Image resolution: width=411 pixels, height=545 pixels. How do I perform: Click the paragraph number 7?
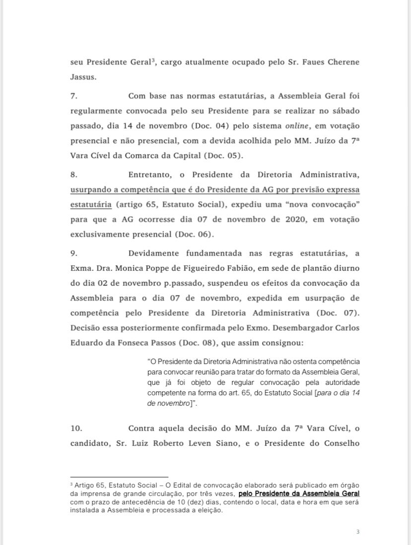click(x=74, y=96)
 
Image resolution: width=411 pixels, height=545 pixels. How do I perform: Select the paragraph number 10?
click(x=76, y=428)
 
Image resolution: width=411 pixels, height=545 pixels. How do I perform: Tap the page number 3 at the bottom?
click(x=358, y=532)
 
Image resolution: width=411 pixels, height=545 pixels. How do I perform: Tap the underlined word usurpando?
click(x=92, y=189)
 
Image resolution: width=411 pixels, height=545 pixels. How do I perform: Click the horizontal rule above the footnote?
click(x=119, y=477)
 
